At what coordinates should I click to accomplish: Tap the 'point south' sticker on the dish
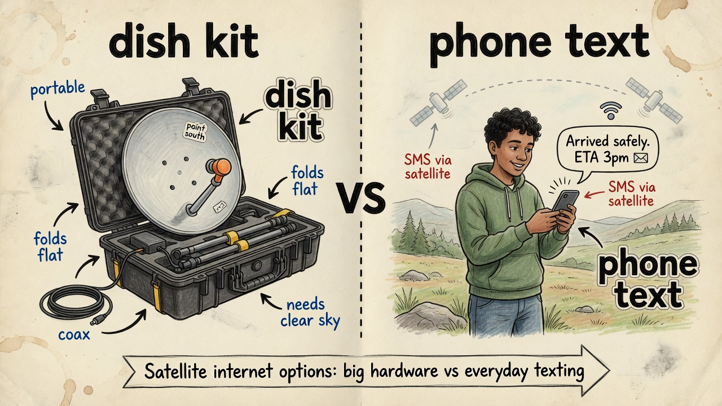[x=195, y=131]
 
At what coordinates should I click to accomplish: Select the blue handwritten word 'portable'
[x=58, y=89]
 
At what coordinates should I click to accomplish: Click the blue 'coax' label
[x=74, y=334]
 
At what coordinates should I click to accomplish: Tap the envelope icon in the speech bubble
[x=640, y=158]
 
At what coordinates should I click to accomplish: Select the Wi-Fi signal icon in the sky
[x=610, y=111]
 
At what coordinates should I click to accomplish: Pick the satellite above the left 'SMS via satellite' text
[x=438, y=103]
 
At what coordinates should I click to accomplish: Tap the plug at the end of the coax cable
[x=97, y=319]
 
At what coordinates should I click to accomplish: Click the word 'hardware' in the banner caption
[x=404, y=371]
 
